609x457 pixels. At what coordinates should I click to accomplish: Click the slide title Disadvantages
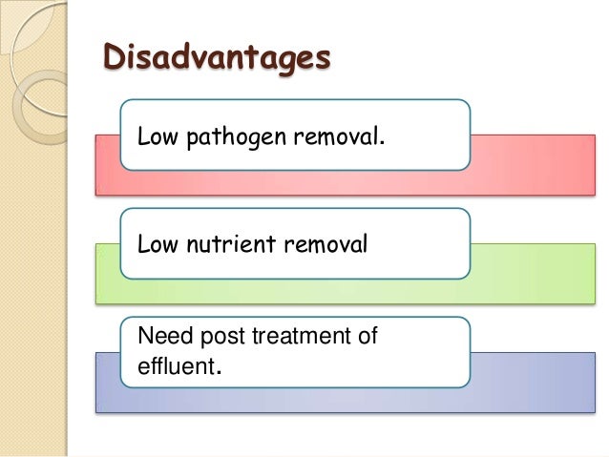pyautogui.click(x=217, y=57)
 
